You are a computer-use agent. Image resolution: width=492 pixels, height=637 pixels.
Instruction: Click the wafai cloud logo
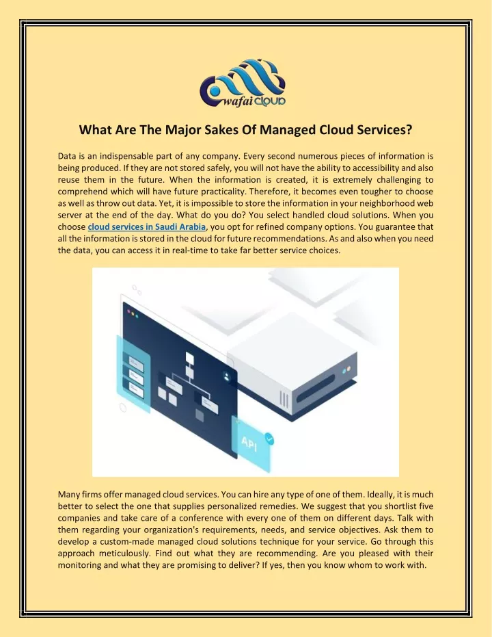[243, 83]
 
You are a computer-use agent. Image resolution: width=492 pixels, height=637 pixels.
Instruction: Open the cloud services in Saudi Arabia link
[146, 226]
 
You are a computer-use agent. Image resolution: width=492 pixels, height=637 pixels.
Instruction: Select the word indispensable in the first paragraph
[126, 157]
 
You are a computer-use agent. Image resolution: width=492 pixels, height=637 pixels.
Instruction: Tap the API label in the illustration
[249, 443]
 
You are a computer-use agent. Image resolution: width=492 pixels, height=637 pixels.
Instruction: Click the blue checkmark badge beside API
[269, 439]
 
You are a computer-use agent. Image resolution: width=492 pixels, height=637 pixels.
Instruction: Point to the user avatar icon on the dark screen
[226, 376]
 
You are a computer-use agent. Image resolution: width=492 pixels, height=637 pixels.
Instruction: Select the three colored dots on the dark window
[133, 313]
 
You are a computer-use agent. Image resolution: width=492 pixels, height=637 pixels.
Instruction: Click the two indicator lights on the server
[346, 369]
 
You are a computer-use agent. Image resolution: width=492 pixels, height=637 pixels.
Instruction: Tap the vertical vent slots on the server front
[284, 400]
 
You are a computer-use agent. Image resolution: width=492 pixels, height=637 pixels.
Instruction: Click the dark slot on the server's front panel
[316, 388]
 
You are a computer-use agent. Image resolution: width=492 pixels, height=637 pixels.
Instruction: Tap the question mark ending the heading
[409, 129]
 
